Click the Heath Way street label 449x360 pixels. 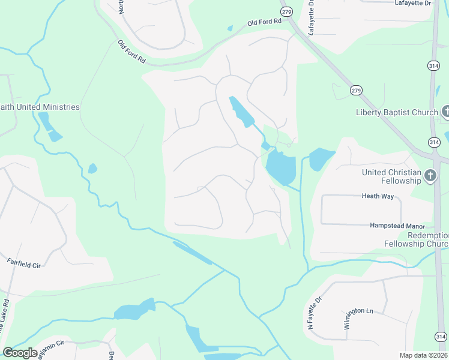(376, 196)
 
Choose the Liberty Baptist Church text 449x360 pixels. (397, 112)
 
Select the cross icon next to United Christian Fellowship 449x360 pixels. (430, 176)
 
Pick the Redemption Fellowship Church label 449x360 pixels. (416, 239)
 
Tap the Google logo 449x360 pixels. (20, 353)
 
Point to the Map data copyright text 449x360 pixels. (424, 355)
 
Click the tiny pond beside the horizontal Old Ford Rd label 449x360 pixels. (230, 28)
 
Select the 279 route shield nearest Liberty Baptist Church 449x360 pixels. (356, 90)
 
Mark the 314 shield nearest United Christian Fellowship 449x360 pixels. (433, 142)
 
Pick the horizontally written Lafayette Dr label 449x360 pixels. (413, 3)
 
